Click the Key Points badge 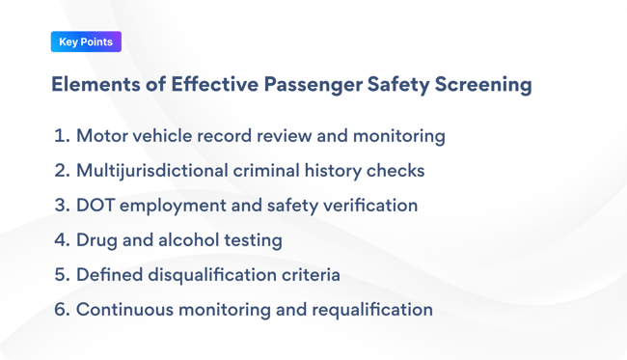click(86, 42)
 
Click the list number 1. click(62, 136)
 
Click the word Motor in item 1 click(101, 136)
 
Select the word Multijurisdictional click(159, 171)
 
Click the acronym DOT click(97, 206)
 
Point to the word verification click(372, 206)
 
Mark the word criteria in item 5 click(309, 275)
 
